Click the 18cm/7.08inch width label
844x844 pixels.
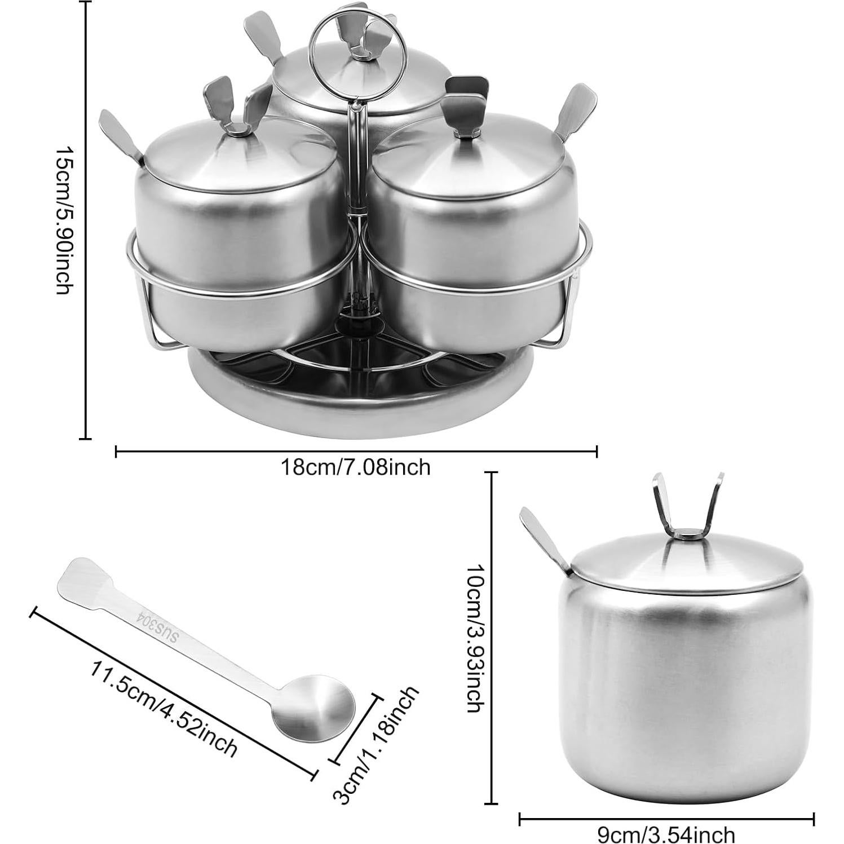click(356, 467)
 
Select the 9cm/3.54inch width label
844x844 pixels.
click(666, 834)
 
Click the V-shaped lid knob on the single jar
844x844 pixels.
click(687, 507)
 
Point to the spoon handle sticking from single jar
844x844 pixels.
click(538, 536)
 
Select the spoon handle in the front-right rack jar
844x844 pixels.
click(572, 113)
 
